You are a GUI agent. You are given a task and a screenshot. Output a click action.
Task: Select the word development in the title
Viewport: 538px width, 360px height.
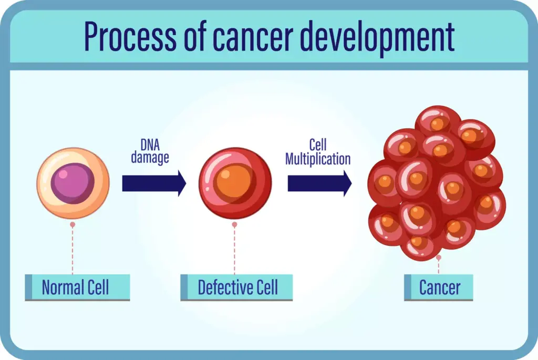[x=397, y=36]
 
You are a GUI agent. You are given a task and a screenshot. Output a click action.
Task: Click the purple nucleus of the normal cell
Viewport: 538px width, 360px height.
[x=73, y=183]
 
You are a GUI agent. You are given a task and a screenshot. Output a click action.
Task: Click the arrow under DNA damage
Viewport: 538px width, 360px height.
[x=154, y=183]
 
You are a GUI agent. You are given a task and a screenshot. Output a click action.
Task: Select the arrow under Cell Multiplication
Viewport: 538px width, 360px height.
[x=319, y=183]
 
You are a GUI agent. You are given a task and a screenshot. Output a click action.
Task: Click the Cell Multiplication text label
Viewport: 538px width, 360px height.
[x=318, y=152]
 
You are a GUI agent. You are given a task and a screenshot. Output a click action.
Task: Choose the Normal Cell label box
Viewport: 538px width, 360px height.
[x=77, y=287]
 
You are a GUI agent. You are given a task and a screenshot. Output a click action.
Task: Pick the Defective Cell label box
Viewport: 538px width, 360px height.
[x=236, y=287]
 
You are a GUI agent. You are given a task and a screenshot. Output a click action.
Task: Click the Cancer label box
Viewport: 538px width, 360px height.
[x=439, y=287]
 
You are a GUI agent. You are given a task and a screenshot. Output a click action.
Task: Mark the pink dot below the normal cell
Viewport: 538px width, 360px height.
[x=73, y=224]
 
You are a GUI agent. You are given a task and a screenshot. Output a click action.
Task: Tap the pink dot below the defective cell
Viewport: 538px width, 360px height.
[x=234, y=224]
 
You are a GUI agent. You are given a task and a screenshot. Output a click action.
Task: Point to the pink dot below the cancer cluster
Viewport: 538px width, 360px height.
[x=439, y=258]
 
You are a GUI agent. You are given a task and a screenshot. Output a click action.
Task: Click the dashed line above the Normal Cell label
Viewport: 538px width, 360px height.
[x=73, y=250]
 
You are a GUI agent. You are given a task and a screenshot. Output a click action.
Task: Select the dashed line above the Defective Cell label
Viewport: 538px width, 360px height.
[x=234, y=250]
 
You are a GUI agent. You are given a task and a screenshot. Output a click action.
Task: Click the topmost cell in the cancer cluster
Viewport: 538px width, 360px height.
[x=438, y=121]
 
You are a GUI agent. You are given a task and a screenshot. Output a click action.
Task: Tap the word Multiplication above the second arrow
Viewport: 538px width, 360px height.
[x=318, y=159]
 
